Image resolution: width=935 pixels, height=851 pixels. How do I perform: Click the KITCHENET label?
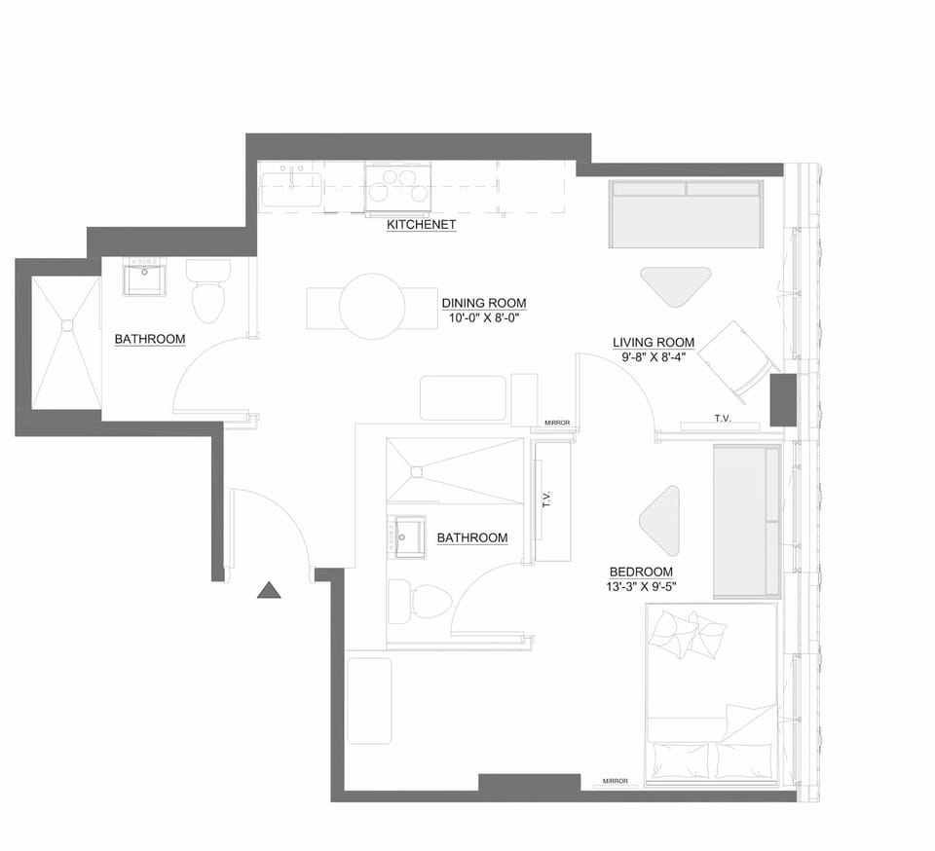point(421,225)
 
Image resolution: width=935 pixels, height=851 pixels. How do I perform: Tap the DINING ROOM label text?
point(484,303)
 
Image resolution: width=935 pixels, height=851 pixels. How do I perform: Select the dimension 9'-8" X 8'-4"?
point(654,357)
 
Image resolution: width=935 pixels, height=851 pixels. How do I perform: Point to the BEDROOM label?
point(641,572)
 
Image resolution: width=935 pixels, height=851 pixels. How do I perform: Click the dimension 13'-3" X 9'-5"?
point(641,586)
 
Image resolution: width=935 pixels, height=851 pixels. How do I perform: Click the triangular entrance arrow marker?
point(269,589)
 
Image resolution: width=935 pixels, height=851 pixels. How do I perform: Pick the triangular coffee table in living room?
point(675,284)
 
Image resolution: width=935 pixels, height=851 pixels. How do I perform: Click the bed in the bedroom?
point(711,694)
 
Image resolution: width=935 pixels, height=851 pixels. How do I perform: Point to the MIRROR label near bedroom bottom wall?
point(615,781)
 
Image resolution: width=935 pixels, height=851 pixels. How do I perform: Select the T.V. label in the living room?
point(722,419)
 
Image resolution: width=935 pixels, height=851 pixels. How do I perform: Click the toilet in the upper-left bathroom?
point(207,291)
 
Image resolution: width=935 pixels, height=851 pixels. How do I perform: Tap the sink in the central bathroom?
point(407,536)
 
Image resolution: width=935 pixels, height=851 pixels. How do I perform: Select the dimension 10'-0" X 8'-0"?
point(484,318)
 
